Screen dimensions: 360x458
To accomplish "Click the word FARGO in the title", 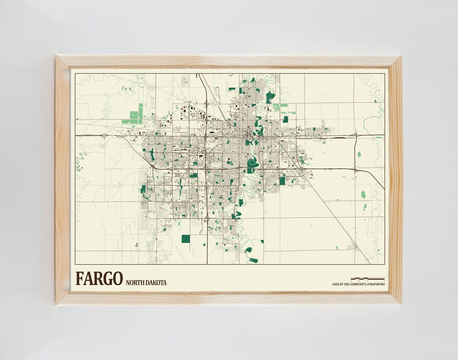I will coord(99,279).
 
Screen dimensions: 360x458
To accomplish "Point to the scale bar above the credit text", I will coord(367,279).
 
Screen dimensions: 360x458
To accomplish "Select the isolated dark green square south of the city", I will coord(185,239).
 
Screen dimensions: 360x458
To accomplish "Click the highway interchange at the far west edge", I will coord(104,135).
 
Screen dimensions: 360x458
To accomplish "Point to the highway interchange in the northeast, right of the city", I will coord(356,135).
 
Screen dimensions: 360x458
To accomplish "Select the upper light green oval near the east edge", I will coord(359,154).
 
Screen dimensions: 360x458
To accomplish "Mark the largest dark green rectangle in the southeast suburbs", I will coord(282,181).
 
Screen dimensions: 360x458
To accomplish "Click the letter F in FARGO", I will coord(80,279).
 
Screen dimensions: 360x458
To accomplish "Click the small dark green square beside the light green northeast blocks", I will coord(285,119).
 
